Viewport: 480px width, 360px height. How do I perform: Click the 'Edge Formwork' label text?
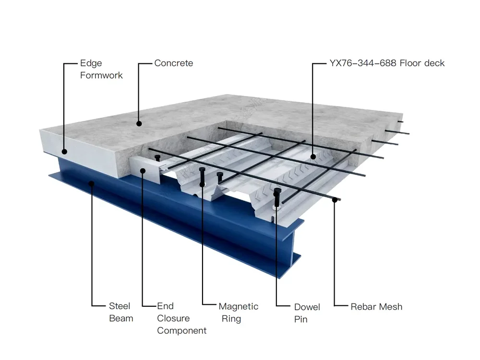(x=101, y=69)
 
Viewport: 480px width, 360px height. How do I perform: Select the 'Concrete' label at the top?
(x=174, y=63)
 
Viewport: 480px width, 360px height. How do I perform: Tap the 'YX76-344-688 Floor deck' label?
(x=387, y=63)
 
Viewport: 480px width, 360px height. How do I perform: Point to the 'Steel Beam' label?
(x=121, y=312)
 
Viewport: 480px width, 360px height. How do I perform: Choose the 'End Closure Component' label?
(x=182, y=318)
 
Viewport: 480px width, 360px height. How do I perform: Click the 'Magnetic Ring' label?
(x=239, y=312)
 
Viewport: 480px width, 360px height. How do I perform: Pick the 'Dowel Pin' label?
(x=307, y=313)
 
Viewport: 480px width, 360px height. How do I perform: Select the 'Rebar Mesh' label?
(x=376, y=307)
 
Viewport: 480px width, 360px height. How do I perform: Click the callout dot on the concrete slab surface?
(x=139, y=124)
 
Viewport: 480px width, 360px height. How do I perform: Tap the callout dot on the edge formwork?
(x=64, y=152)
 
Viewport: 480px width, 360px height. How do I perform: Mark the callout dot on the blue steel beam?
(x=91, y=183)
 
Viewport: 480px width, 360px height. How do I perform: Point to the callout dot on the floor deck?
(x=313, y=157)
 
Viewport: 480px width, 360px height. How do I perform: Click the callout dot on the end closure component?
(x=143, y=170)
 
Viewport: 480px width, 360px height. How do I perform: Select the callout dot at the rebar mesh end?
(x=335, y=200)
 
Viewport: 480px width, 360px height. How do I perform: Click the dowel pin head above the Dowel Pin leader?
(x=277, y=191)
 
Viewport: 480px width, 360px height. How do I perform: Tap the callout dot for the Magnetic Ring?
(x=202, y=184)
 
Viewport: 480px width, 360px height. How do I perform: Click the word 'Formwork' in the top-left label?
(x=101, y=75)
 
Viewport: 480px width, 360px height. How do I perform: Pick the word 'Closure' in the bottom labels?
(x=173, y=318)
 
